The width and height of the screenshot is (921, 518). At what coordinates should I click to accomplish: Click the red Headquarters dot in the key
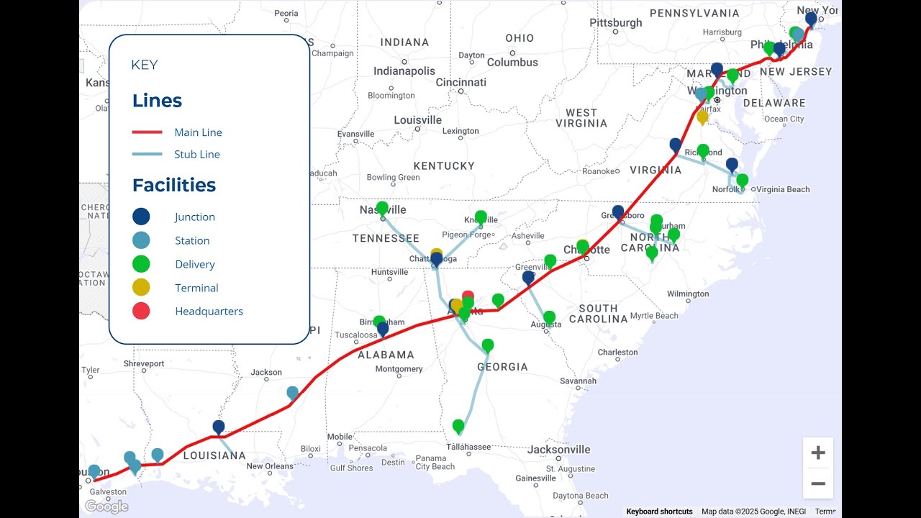[141, 311]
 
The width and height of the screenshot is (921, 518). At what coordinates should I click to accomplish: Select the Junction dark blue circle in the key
[141, 217]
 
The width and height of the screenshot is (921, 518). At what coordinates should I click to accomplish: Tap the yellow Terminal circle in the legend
[141, 287]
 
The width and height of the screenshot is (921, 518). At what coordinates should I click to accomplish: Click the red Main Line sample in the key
[147, 132]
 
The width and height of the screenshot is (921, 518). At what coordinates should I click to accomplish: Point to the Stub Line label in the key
[196, 154]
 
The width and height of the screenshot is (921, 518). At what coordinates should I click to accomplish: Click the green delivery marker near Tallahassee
[458, 427]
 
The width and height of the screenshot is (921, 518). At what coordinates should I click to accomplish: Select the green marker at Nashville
[382, 208]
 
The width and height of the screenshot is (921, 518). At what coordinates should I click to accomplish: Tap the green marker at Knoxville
[481, 217]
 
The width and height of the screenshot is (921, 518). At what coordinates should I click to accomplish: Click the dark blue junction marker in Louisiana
[219, 427]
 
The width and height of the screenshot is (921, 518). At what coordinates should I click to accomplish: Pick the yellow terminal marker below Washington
[702, 117]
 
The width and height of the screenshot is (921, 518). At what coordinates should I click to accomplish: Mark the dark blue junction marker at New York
[811, 19]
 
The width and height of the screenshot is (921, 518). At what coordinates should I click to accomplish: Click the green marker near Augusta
[549, 317]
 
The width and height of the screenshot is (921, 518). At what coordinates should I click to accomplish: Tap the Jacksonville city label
[558, 450]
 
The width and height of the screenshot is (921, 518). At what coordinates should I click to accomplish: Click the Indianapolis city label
[404, 71]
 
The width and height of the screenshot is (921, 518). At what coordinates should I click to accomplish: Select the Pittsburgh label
[616, 22]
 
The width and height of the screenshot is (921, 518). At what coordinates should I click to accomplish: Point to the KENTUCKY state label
[444, 165]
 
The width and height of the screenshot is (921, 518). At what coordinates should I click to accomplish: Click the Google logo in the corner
[106, 506]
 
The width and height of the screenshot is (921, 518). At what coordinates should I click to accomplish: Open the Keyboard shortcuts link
[659, 512]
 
